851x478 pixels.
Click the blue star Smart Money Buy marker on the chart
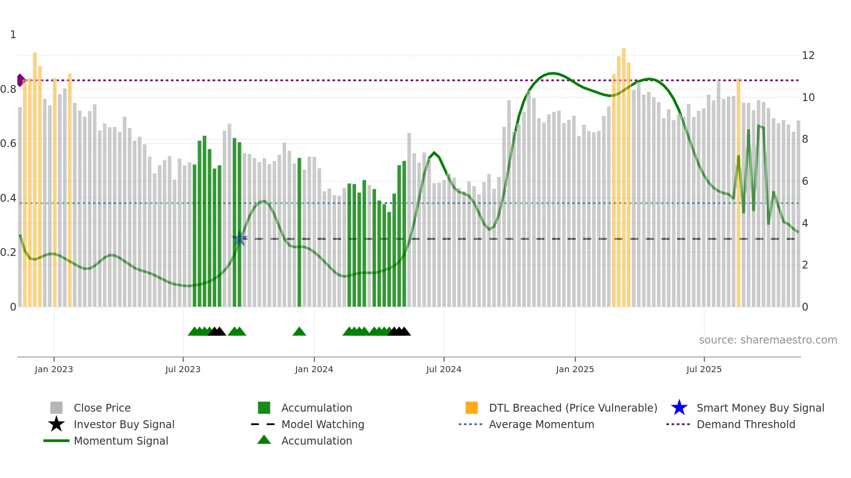point(239,238)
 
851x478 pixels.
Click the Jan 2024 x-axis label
point(314,370)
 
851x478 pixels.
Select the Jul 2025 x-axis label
point(704,370)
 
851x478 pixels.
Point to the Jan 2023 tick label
point(54,370)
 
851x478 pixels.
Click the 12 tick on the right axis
point(808,56)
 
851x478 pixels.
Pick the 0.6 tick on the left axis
point(9,144)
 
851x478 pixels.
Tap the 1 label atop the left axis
point(13,35)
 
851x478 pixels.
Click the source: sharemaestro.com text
point(768,340)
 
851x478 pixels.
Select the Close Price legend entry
point(102,408)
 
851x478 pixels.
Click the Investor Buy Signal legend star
point(56,424)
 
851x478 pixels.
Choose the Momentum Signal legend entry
point(121,441)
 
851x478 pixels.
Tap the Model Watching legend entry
point(323,425)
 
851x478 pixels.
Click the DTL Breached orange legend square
point(472,408)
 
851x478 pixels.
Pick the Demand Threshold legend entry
point(745,425)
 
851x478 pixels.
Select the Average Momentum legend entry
point(541,425)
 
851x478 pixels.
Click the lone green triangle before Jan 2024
point(299,332)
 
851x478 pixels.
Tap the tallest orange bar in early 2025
point(624,174)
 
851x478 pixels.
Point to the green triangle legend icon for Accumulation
point(264,440)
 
